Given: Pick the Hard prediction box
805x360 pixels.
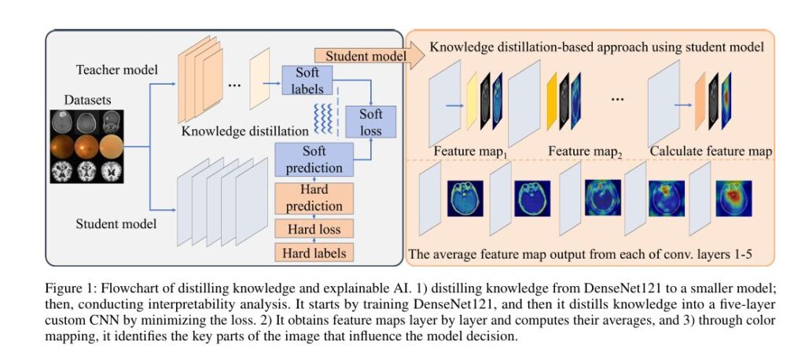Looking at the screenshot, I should click(x=312, y=198).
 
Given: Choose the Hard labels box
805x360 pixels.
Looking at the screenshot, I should click(x=312, y=252).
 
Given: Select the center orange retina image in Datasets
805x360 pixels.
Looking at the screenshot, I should click(x=88, y=146).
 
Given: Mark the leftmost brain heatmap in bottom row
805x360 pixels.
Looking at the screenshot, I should click(x=464, y=199).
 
